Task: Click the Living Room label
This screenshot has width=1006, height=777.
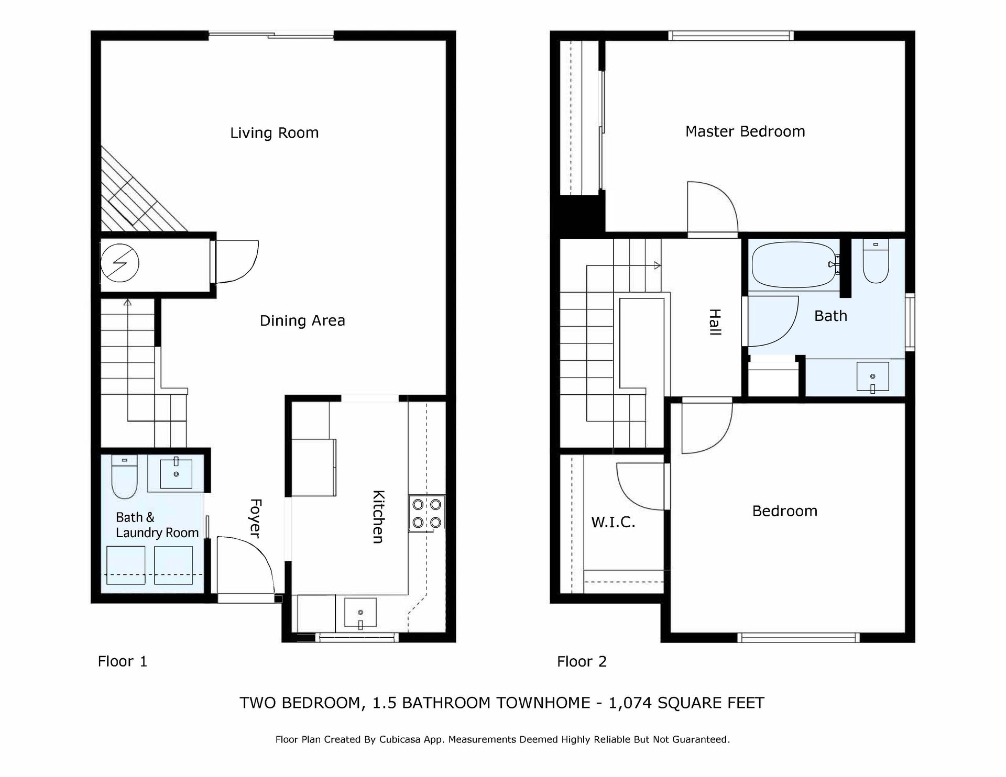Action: click(274, 133)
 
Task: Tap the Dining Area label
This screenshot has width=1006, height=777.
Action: click(302, 320)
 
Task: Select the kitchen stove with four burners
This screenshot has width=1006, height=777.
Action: click(427, 514)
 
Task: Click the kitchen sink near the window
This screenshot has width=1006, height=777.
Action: click(360, 613)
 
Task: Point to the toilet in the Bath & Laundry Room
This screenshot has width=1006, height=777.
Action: click(124, 476)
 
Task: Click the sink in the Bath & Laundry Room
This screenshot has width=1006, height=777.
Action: click(176, 473)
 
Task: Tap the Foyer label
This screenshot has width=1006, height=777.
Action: click(255, 518)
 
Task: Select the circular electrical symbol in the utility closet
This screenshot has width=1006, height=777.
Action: click(119, 263)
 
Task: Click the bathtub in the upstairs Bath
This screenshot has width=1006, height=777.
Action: click(793, 264)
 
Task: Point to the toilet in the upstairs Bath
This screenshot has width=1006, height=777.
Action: click(876, 261)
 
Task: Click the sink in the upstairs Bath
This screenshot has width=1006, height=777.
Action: click(872, 376)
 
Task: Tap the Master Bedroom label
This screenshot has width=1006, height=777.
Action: click(745, 131)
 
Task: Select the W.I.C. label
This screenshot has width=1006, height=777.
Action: click(613, 522)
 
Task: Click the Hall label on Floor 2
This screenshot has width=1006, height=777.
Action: click(715, 322)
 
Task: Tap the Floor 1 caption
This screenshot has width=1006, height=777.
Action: click(122, 661)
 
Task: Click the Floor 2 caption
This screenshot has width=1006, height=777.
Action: click(582, 661)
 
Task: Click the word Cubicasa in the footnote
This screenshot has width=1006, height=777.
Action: click(402, 739)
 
